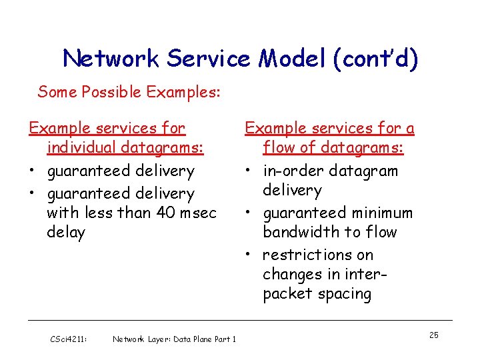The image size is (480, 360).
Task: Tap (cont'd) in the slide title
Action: click(x=380, y=59)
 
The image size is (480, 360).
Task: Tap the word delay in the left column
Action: click(x=66, y=233)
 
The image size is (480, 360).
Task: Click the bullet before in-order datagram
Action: click(x=247, y=171)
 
